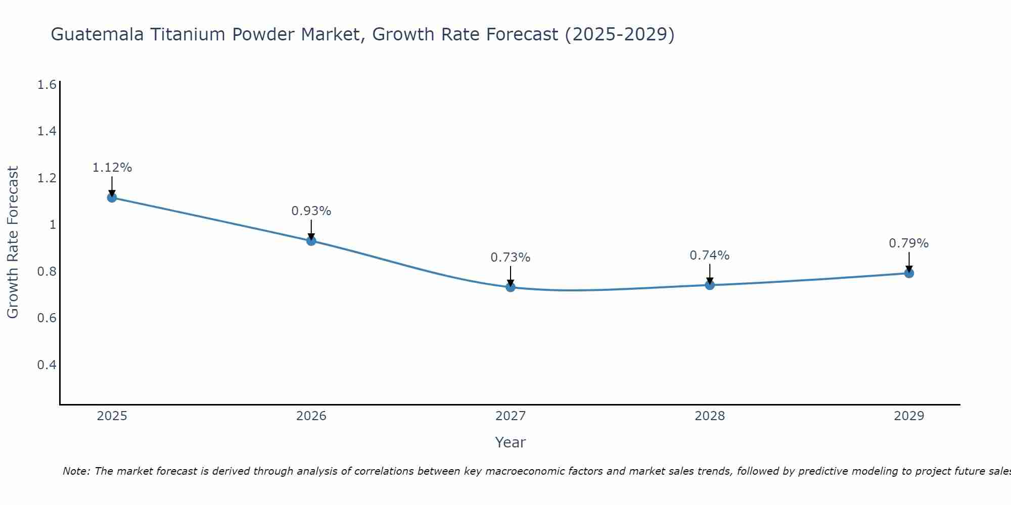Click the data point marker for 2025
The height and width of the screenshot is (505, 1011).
112,197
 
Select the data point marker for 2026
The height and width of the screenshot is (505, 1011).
311,241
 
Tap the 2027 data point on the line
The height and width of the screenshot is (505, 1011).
511,287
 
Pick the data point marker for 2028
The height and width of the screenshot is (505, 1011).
710,285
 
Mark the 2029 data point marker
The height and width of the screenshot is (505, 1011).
909,273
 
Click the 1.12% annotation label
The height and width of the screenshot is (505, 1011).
112,168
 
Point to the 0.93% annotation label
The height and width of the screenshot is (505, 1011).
311,211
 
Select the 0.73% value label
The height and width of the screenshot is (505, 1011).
511,258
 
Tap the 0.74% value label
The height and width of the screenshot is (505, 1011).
710,256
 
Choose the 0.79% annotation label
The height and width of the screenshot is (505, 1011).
909,243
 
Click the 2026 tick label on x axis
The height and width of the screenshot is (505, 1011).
311,416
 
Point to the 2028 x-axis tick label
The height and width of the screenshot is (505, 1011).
710,416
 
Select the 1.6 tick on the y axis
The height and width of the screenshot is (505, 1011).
47,85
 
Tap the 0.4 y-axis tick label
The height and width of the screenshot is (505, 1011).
47,365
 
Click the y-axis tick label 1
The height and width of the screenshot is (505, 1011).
52,225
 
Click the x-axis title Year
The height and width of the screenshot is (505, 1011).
511,442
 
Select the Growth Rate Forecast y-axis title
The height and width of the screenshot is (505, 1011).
13,242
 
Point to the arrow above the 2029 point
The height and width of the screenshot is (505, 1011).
909,262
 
